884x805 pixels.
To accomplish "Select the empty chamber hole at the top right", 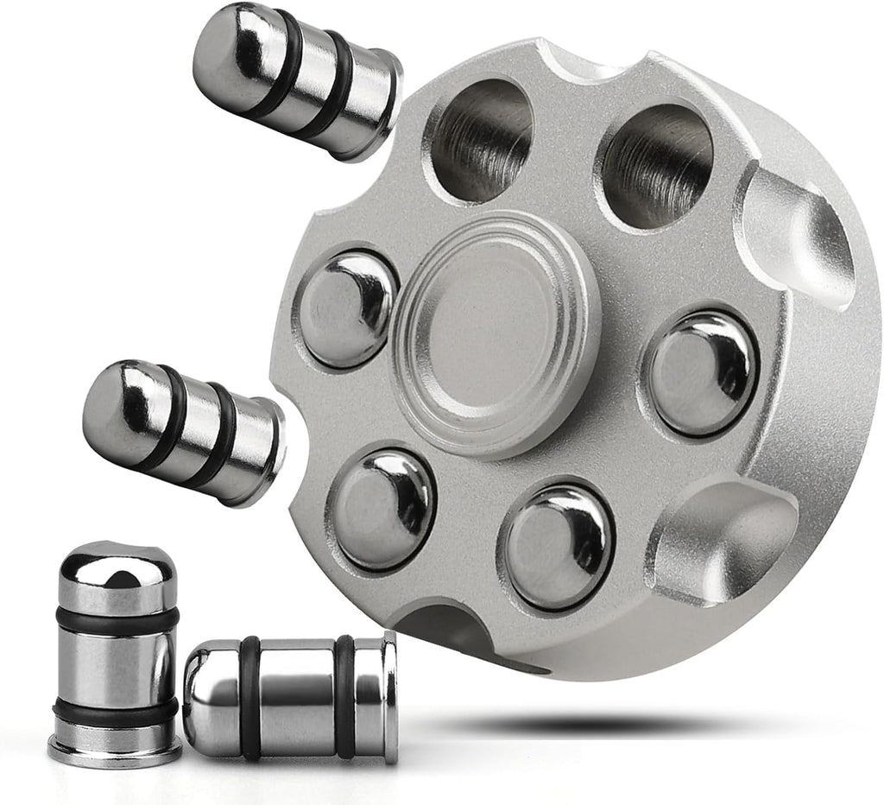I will (657, 165).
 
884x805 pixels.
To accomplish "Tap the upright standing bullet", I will (117, 652).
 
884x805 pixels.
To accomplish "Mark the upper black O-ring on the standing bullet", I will (117, 619).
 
